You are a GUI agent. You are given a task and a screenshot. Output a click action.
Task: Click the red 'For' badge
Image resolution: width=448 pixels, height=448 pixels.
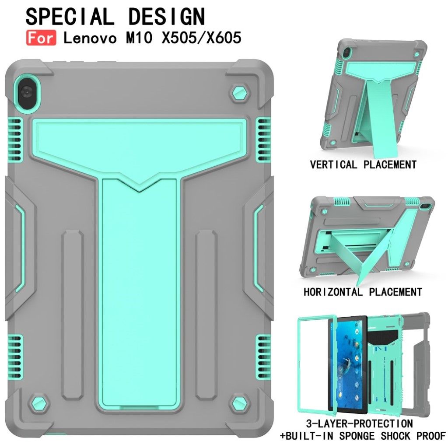click(x=41, y=38)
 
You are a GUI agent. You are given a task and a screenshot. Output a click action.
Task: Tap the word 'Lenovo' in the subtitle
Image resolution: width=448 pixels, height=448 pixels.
click(x=90, y=38)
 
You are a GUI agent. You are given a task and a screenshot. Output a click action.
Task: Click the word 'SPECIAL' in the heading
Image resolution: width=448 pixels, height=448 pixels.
click(x=70, y=17)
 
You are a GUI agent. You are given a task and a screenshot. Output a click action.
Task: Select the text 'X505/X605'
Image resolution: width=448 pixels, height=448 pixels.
click(x=202, y=38)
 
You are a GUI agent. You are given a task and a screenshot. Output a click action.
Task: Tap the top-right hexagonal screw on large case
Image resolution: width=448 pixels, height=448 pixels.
click(x=240, y=93)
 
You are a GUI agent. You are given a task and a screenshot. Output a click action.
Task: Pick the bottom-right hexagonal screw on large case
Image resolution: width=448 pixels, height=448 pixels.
click(x=240, y=403)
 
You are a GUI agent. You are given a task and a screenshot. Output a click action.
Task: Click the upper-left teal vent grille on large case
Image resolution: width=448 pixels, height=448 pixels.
click(x=15, y=139)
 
